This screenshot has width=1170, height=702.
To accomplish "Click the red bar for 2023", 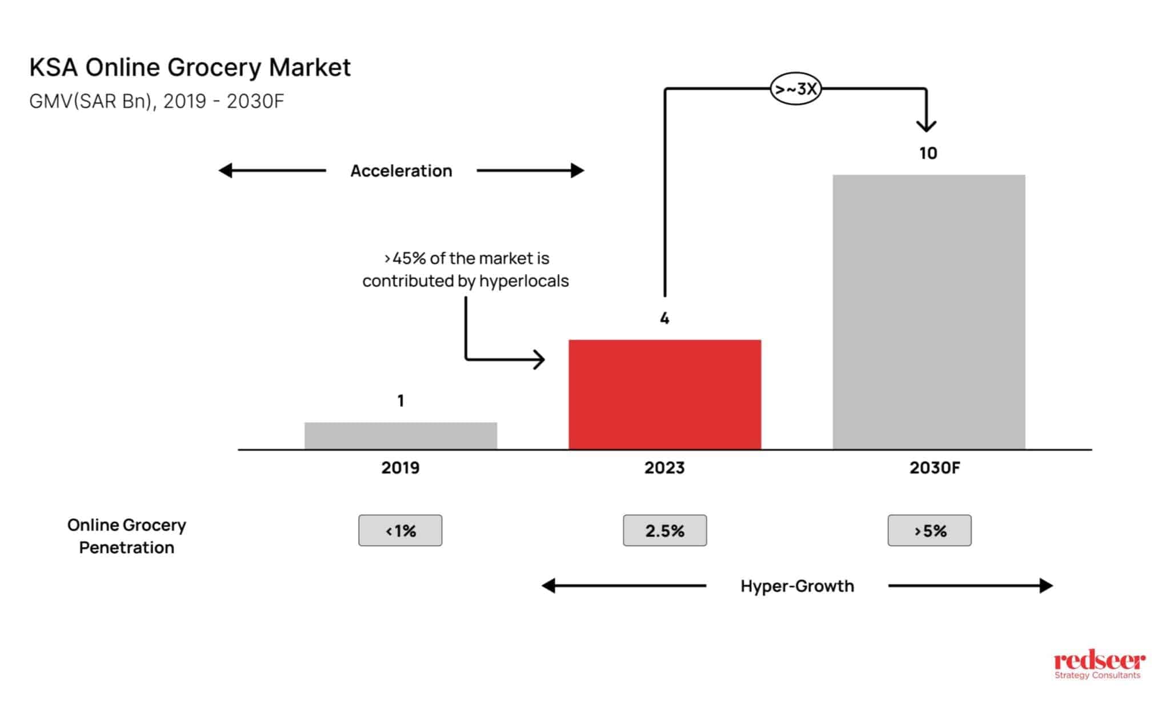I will [x=664, y=394].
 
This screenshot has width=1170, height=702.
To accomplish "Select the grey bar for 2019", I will [x=400, y=436].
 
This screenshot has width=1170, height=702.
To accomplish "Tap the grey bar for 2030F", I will [x=928, y=312].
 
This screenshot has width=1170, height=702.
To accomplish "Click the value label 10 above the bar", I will [x=928, y=153].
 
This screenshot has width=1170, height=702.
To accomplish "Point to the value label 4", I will [x=664, y=318].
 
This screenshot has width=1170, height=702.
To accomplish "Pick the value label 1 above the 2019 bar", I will [x=400, y=401].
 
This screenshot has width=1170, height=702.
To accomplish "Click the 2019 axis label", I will [x=400, y=468].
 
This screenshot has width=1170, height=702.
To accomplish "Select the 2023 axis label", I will [x=664, y=468].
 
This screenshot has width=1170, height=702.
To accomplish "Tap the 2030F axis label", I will [x=935, y=468].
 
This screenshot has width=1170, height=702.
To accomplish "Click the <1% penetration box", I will [x=400, y=531].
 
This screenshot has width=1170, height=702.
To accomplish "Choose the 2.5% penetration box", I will [x=664, y=531].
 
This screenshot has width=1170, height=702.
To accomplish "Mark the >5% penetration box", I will [x=929, y=531].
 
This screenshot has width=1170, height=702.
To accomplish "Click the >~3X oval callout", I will [x=795, y=89].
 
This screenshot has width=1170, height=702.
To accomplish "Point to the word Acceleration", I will [x=401, y=171].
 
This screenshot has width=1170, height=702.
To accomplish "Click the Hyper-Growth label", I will [x=797, y=586].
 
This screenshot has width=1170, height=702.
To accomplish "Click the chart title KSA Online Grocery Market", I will [x=190, y=67].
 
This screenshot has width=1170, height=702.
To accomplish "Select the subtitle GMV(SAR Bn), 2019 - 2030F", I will [x=157, y=101].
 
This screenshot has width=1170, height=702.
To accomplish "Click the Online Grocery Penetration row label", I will [x=126, y=536].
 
